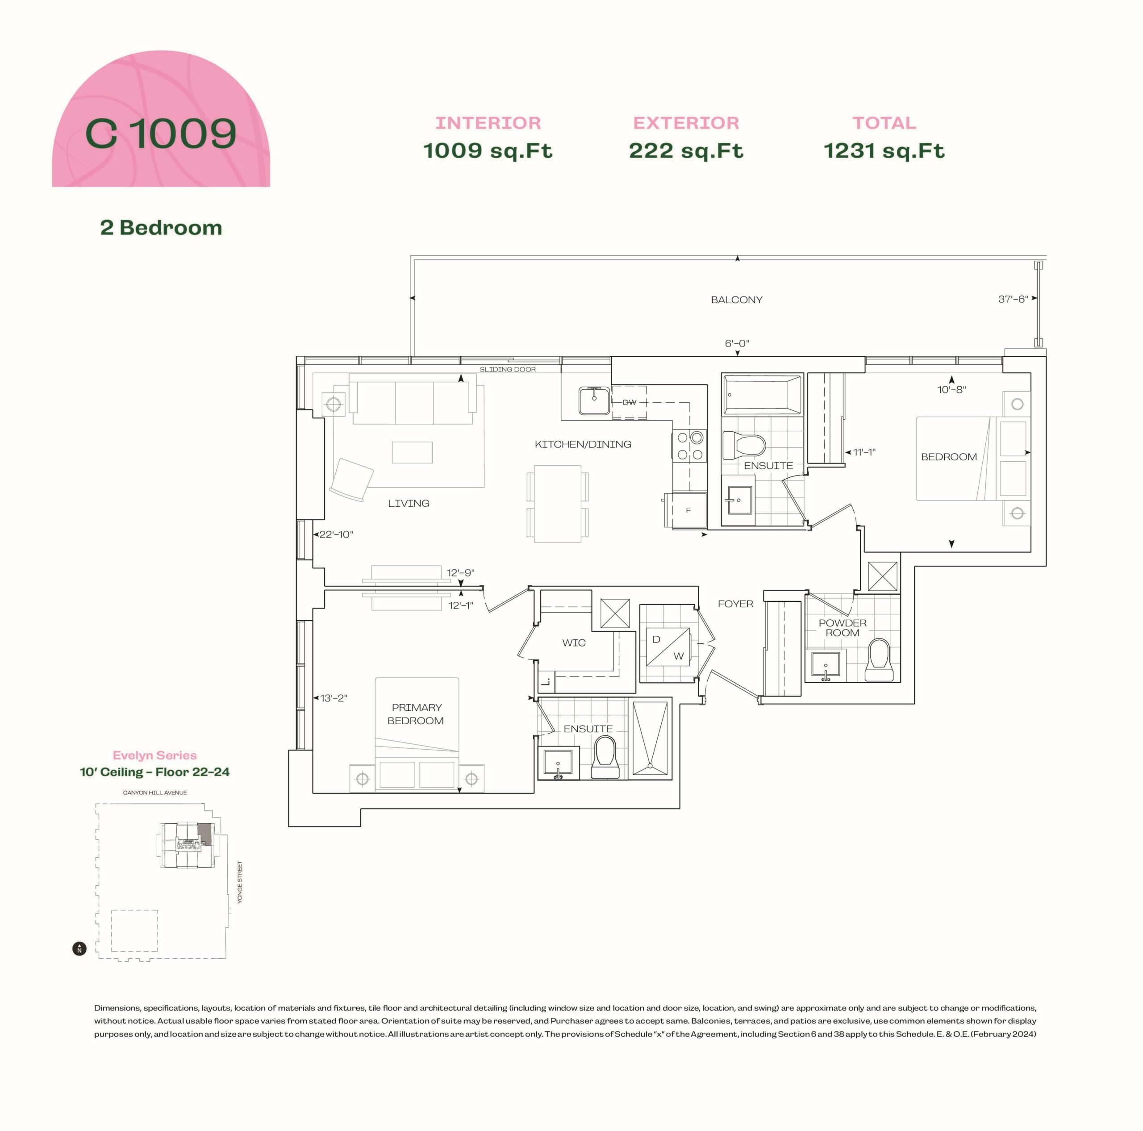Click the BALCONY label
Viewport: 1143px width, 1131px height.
click(x=737, y=300)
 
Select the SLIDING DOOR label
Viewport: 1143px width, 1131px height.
click(x=508, y=369)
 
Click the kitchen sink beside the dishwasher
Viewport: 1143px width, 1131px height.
click(x=594, y=401)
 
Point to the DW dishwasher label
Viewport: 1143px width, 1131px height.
click(x=630, y=402)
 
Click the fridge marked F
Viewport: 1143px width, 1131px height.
click(x=686, y=510)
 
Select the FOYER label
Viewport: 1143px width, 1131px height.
click(x=735, y=604)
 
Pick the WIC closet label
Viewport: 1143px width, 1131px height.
click(x=574, y=643)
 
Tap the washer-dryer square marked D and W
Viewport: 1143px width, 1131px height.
click(x=667, y=647)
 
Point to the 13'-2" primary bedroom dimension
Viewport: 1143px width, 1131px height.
click(x=334, y=698)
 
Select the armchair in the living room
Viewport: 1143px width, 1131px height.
click(x=351, y=480)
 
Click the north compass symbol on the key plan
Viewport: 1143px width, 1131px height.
click(x=79, y=949)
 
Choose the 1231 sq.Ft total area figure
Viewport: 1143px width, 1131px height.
click(x=884, y=151)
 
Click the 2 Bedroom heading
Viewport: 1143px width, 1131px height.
click(x=161, y=228)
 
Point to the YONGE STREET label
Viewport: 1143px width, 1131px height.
click(x=240, y=882)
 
